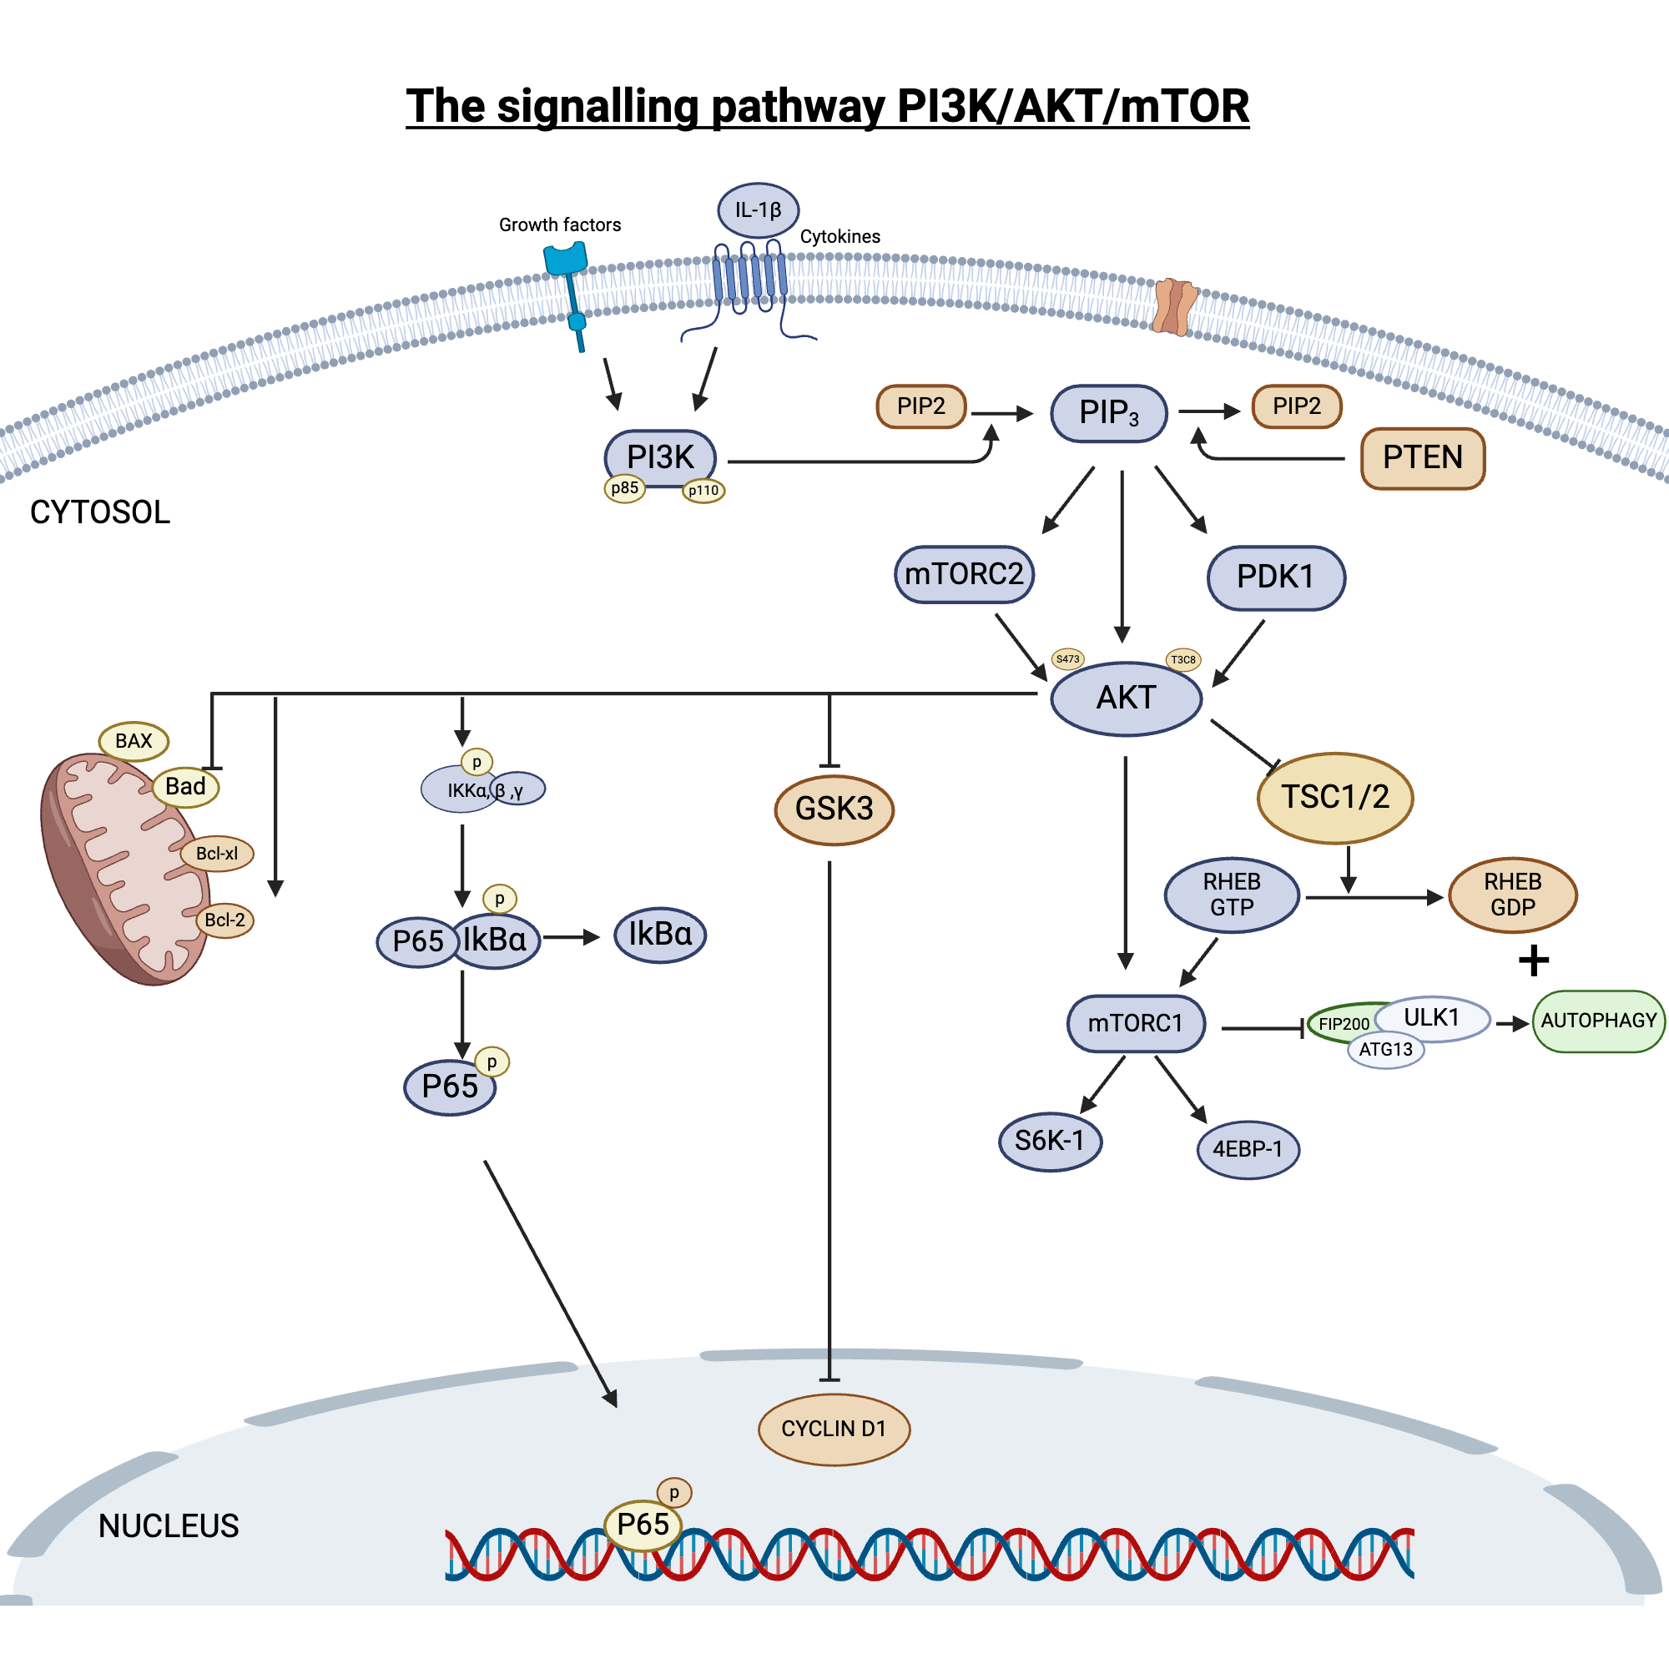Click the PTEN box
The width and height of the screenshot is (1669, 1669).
(x=1422, y=458)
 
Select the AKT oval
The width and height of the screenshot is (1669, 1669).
(x=1126, y=698)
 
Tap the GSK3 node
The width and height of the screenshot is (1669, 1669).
(x=834, y=809)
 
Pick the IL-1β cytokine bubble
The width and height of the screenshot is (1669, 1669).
(x=758, y=210)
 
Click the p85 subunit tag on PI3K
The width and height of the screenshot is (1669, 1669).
(x=623, y=488)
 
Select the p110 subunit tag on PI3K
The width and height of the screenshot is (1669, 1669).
(x=703, y=491)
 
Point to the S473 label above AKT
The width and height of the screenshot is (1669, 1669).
(x=1068, y=659)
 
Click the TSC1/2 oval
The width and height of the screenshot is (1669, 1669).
(x=1334, y=797)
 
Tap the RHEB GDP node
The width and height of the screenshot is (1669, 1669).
(x=1513, y=895)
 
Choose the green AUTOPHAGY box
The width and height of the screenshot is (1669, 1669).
(x=1598, y=1021)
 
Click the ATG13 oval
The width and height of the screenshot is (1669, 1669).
(x=1385, y=1050)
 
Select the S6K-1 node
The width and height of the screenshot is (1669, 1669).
(x=1050, y=1141)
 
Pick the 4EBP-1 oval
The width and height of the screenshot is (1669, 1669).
(x=1248, y=1150)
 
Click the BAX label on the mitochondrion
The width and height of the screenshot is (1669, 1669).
(x=133, y=741)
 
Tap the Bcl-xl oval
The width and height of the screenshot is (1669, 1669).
(x=217, y=854)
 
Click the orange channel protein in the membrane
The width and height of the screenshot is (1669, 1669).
(x=1174, y=306)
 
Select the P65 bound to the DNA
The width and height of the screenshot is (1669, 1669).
(x=643, y=1525)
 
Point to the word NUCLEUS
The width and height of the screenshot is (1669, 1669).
(x=169, y=1526)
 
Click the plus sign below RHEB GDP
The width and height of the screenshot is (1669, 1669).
(x=1533, y=961)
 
